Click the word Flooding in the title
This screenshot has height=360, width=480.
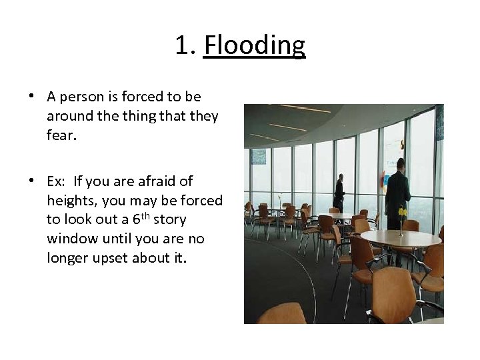point(254,46)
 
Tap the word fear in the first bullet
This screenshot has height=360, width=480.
point(61,135)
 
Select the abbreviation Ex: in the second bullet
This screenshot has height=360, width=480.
point(57,181)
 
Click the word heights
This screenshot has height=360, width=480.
point(70,201)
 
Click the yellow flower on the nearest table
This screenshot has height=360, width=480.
point(401,212)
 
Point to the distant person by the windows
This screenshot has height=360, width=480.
point(339,193)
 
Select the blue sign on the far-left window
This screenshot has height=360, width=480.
point(258,156)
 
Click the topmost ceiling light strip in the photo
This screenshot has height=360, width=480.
point(305,109)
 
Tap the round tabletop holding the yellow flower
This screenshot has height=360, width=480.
point(400,238)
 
